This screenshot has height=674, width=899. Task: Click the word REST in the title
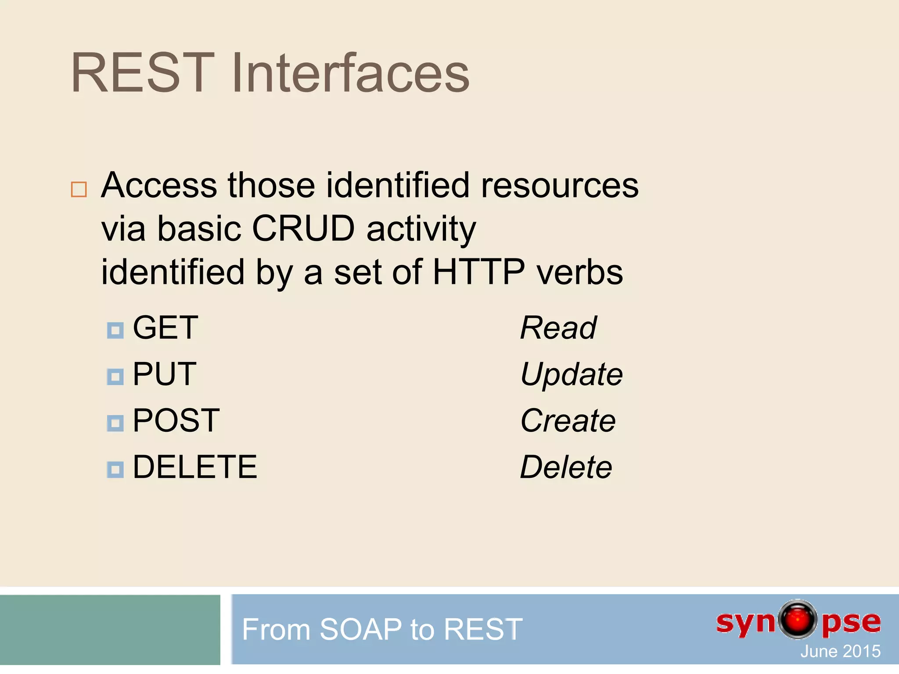tap(143, 73)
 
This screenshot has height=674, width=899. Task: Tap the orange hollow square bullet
tap(79, 190)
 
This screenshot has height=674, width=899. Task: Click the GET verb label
tap(165, 328)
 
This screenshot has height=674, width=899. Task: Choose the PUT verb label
tap(164, 374)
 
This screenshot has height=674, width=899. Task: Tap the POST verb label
tap(176, 420)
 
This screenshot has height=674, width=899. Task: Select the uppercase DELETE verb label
tap(194, 467)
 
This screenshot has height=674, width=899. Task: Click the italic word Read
tap(558, 328)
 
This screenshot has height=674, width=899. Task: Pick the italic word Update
tap(571, 374)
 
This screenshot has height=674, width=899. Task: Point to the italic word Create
tap(568, 420)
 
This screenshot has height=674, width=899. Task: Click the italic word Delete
tap(566, 467)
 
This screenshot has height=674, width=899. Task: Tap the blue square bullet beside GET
tap(115, 330)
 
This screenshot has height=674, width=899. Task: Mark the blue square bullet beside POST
tap(115, 423)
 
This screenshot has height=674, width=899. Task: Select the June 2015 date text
tap(840, 651)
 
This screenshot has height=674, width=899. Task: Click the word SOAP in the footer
tap(360, 629)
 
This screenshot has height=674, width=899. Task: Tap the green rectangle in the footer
tap(110, 629)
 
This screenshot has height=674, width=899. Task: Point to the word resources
tap(560, 185)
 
